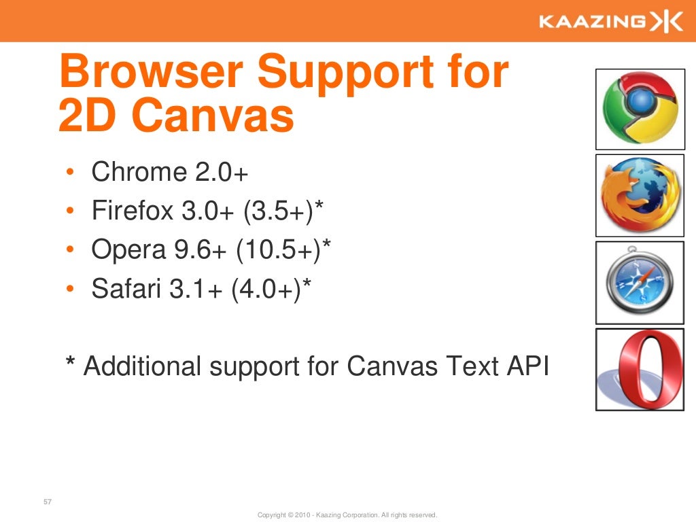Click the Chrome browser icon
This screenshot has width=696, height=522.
click(x=640, y=109)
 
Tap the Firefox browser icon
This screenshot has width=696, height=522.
click(x=640, y=195)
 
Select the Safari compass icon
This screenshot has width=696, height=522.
click(x=640, y=282)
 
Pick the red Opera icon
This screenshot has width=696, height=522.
click(x=640, y=369)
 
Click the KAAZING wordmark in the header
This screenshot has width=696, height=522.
click(x=592, y=22)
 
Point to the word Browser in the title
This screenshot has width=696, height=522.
click(x=151, y=73)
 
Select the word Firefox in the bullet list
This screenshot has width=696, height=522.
click(x=133, y=211)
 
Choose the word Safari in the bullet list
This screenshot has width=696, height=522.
click(x=122, y=290)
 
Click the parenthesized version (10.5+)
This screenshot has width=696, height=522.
click(x=279, y=251)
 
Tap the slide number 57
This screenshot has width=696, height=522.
click(x=48, y=503)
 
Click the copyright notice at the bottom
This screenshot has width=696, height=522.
click(x=347, y=515)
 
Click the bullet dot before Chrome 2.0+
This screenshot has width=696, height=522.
click(x=71, y=173)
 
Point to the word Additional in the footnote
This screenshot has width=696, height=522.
click(x=143, y=366)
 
